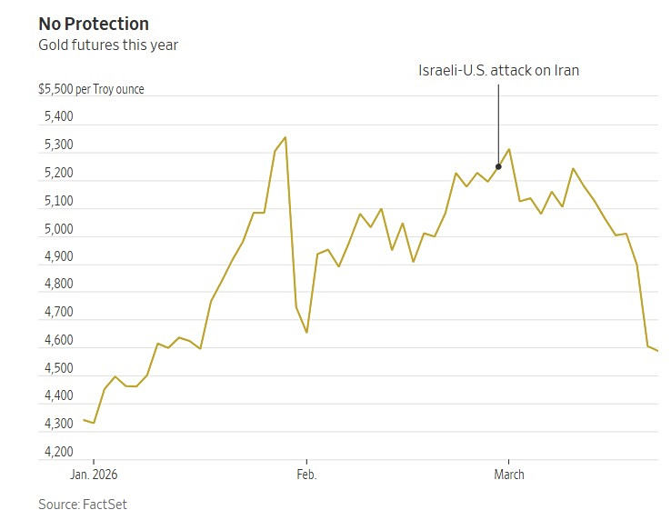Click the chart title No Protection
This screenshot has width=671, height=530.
(x=94, y=24)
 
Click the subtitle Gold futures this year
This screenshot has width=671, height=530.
(x=108, y=45)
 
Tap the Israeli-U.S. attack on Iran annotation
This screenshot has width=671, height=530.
(x=497, y=71)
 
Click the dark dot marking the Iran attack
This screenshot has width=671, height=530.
(x=498, y=166)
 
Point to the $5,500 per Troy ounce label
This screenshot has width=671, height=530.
(x=91, y=90)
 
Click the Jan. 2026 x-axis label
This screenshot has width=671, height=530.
(x=94, y=475)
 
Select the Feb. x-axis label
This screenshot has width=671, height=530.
(x=306, y=475)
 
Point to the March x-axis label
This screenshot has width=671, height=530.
(x=508, y=475)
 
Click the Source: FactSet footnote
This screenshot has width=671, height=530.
(x=83, y=504)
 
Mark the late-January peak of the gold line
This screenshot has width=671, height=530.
(x=285, y=137)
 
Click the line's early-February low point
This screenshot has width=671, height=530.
(x=306, y=333)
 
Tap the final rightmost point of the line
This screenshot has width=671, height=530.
(x=658, y=352)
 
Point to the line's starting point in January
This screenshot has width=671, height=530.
(x=84, y=420)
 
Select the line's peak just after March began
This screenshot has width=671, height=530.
(x=509, y=149)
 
